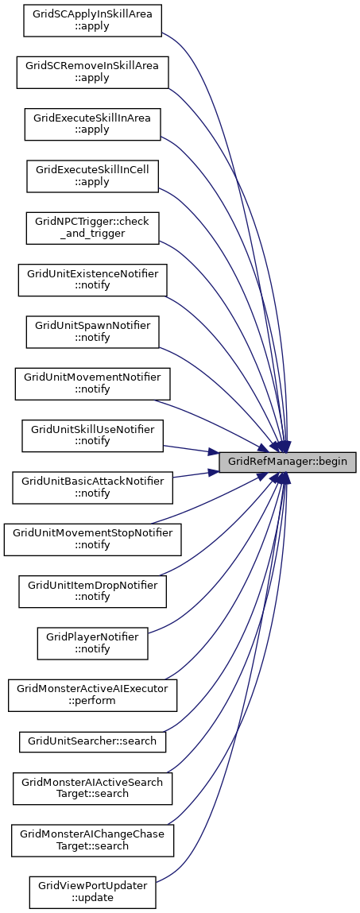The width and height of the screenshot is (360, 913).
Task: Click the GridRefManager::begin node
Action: pos(287,462)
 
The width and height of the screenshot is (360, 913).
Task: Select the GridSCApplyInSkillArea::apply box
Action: pos(92,21)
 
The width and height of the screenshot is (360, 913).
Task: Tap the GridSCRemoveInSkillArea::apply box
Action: pos(92,72)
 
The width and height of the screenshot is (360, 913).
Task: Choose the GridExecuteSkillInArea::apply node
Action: pos(92,124)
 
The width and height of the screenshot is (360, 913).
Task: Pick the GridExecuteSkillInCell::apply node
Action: pos(92,176)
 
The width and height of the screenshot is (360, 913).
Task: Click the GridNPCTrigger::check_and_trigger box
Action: pos(92,228)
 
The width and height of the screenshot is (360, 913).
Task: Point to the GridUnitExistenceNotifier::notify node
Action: pos(92,280)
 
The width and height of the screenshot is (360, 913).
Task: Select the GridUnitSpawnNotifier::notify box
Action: pos(92,332)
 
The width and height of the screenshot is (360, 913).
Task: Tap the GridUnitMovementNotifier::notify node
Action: pos(92,384)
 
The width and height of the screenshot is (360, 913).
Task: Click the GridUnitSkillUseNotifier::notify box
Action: pos(92,435)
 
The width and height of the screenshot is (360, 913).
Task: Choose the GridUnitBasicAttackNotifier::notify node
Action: pos(92,487)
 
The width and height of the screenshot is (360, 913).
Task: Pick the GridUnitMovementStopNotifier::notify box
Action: pos(92,540)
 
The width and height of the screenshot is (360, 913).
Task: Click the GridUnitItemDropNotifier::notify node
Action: pos(92,592)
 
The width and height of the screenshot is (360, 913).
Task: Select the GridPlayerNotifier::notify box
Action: pos(92,644)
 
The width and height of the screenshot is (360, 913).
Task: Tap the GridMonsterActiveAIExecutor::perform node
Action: pos(92,695)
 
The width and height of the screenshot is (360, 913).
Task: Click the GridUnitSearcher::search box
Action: pos(92,742)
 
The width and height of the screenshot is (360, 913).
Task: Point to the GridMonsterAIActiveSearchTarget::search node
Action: pos(92,788)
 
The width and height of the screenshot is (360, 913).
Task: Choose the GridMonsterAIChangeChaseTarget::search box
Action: pos(92,840)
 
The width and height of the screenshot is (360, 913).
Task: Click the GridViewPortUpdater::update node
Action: pos(92,892)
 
